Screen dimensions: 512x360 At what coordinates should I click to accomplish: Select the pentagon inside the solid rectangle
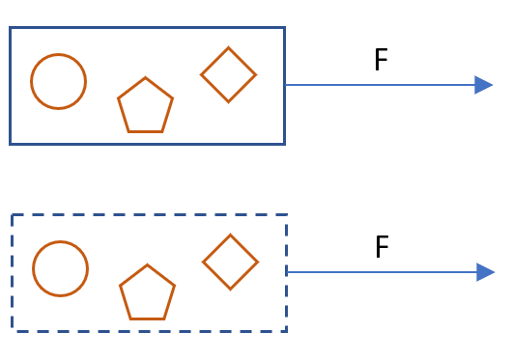pyautogui.click(x=145, y=77)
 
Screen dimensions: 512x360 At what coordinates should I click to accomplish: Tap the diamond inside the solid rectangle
pyautogui.click(x=229, y=47)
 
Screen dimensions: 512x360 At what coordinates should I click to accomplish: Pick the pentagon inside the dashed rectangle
pyautogui.click(x=147, y=264)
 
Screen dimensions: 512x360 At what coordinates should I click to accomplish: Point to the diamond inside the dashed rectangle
pyautogui.click(x=231, y=235)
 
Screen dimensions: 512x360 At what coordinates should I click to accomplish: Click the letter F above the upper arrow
pyautogui.click(x=381, y=59)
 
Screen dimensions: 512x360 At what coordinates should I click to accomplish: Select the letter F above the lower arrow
pyautogui.click(x=382, y=246)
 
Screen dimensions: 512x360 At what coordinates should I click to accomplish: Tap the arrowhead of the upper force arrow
pyautogui.click(x=484, y=85)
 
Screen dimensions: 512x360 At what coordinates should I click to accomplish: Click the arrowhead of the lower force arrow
pyautogui.click(x=486, y=272)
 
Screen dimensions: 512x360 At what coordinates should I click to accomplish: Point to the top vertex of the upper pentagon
pyautogui.click(x=145, y=77)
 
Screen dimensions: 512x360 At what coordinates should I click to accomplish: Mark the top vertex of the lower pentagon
pyautogui.click(x=147, y=264)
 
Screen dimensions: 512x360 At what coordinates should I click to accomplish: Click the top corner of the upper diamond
pyautogui.click(x=229, y=47)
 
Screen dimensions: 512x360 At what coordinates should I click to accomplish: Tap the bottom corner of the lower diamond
pyautogui.click(x=231, y=290)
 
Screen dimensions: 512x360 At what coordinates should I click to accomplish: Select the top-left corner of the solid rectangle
pyautogui.click(x=10, y=28)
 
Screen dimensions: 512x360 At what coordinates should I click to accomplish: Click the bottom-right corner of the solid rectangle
pyautogui.click(x=285, y=144)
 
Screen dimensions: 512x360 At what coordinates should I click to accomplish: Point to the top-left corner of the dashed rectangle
pyautogui.click(x=13, y=215)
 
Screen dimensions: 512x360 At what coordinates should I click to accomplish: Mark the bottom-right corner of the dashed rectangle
pyautogui.click(x=287, y=332)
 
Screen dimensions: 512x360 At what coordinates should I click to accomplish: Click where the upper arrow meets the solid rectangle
pyautogui.click(x=285, y=85)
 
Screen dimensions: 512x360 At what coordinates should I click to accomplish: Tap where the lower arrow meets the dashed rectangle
pyautogui.click(x=287, y=272)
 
